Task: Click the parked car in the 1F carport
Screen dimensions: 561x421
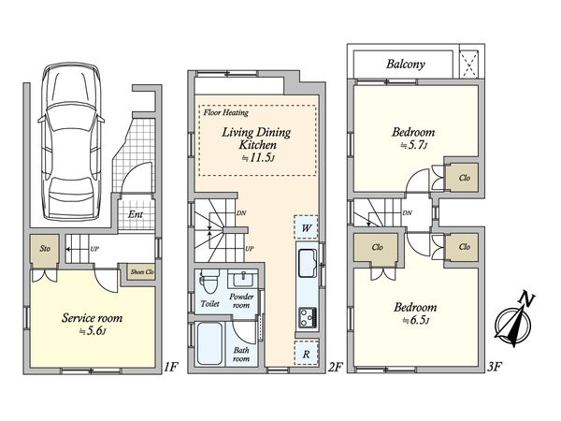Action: [x=71, y=141]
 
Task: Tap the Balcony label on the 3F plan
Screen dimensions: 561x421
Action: [x=406, y=64]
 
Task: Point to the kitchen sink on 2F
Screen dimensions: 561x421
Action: [x=307, y=263]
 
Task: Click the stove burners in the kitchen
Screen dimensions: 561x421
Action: [x=308, y=316]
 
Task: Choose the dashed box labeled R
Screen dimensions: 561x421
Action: [x=307, y=353]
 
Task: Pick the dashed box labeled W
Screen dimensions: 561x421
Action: [x=306, y=227]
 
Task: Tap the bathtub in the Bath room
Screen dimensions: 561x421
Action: [x=209, y=343]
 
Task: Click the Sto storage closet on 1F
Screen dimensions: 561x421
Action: [x=44, y=251]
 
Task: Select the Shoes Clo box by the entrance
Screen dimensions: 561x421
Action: [x=142, y=271]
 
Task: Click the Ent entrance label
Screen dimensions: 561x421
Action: [x=136, y=214]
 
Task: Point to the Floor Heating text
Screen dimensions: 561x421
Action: [x=225, y=113]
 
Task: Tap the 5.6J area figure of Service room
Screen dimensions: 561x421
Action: [x=93, y=331]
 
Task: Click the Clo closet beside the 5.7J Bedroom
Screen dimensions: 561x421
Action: [x=464, y=177]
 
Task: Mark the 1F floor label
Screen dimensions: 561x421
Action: [x=171, y=367]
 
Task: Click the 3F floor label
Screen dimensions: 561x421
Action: [x=494, y=367]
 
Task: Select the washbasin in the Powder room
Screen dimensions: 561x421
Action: [x=243, y=278]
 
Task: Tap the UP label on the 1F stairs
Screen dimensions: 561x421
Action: [x=94, y=249]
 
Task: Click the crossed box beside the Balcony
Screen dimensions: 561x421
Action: [x=469, y=65]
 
